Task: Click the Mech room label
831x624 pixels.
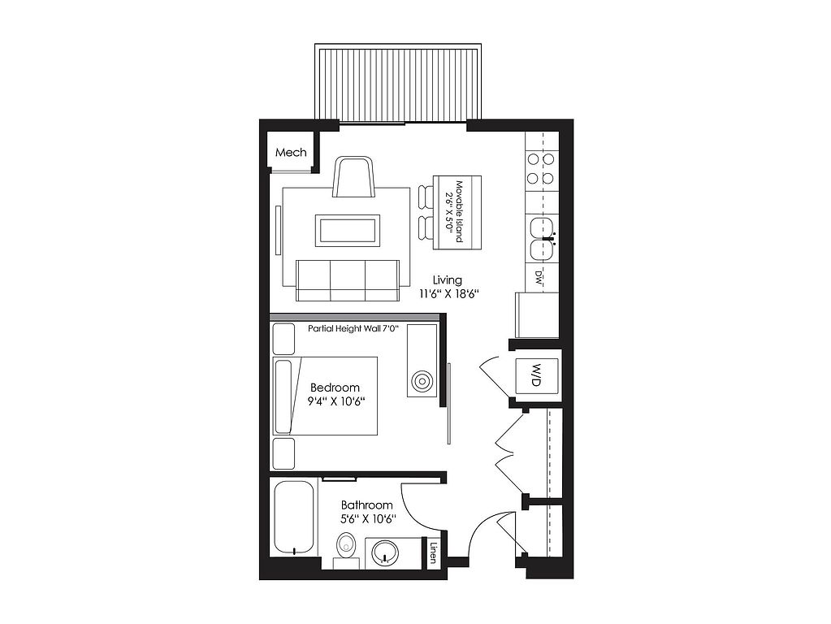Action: click(x=291, y=153)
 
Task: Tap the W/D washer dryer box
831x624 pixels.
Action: click(x=537, y=375)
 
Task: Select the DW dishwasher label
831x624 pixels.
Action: click(x=538, y=277)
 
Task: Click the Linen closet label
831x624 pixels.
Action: click(x=433, y=553)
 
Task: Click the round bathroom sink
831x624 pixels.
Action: click(x=383, y=553)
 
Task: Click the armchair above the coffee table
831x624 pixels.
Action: click(x=354, y=176)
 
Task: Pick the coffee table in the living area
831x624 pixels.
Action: click(x=348, y=230)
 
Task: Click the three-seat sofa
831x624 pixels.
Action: click(x=348, y=280)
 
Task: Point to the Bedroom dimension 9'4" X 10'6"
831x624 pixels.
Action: click(x=335, y=401)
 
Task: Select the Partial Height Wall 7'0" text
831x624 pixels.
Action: click(x=353, y=329)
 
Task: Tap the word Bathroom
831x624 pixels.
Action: click(x=366, y=505)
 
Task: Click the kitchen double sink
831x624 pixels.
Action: click(x=543, y=239)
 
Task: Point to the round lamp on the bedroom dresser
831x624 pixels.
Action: click(x=422, y=380)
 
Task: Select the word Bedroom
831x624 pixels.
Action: click(x=335, y=388)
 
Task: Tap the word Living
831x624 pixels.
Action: click(x=447, y=280)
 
